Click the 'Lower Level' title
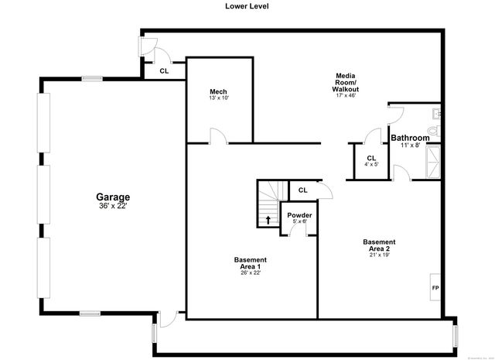tap(247, 6)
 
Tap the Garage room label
tap(113, 197)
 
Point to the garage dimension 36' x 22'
tap(113, 206)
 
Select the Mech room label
tap(218, 92)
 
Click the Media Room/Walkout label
tap(346, 82)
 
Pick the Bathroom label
tap(410, 138)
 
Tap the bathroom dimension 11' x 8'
tap(409, 146)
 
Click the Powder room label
tap(299, 215)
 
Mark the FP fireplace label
tap(435, 288)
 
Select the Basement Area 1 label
tap(251, 263)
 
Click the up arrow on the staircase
tap(268, 220)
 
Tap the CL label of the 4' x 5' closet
tap(372, 158)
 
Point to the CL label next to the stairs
tap(302, 189)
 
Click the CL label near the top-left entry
tap(164, 70)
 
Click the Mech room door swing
tap(217, 137)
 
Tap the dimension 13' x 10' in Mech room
tap(218, 98)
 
